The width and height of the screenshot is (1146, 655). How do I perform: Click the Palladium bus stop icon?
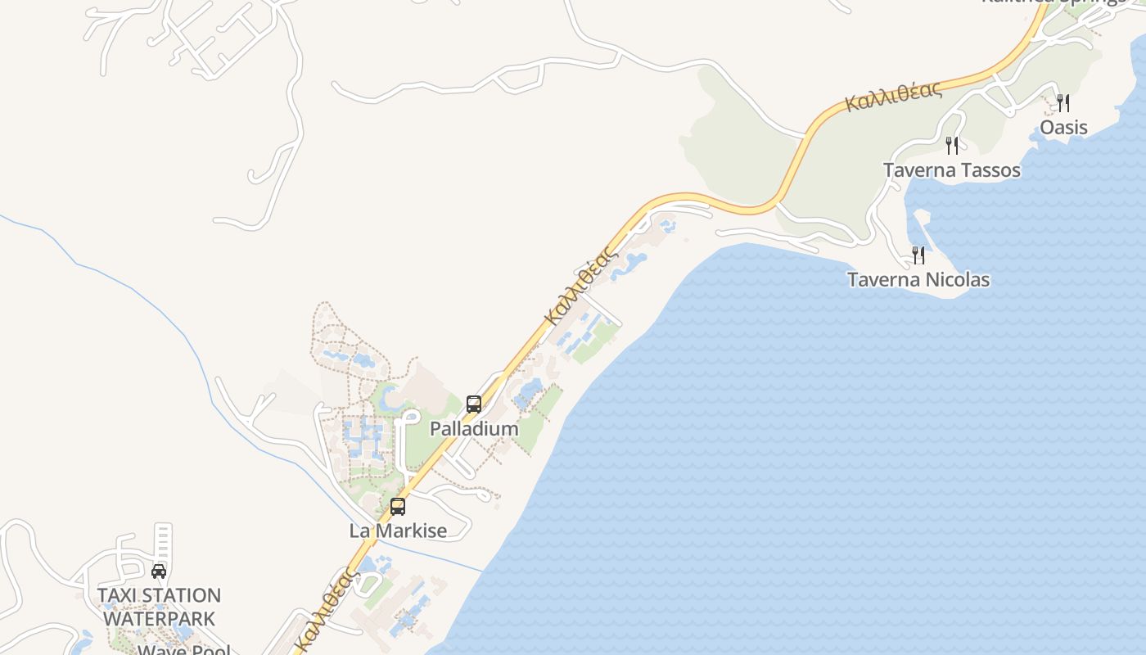473,404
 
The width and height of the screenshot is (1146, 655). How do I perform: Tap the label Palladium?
474,429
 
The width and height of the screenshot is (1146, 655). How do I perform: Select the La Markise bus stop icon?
398,506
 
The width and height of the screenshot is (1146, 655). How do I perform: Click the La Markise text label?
398,531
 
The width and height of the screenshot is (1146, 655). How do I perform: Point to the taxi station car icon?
159,571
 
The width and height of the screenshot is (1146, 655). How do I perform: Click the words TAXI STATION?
159,595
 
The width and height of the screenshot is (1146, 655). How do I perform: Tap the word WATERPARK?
159,618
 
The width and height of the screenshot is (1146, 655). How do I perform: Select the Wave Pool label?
183,649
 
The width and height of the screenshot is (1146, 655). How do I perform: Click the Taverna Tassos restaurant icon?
952,145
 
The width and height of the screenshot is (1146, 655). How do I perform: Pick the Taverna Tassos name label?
951,170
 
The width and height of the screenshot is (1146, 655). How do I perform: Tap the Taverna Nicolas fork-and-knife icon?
918,255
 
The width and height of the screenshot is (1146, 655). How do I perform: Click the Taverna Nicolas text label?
918,280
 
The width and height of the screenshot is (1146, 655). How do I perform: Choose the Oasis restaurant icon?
1063,102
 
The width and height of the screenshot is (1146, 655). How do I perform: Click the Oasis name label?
1063,127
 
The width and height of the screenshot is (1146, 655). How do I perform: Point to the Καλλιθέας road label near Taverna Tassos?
893,97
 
